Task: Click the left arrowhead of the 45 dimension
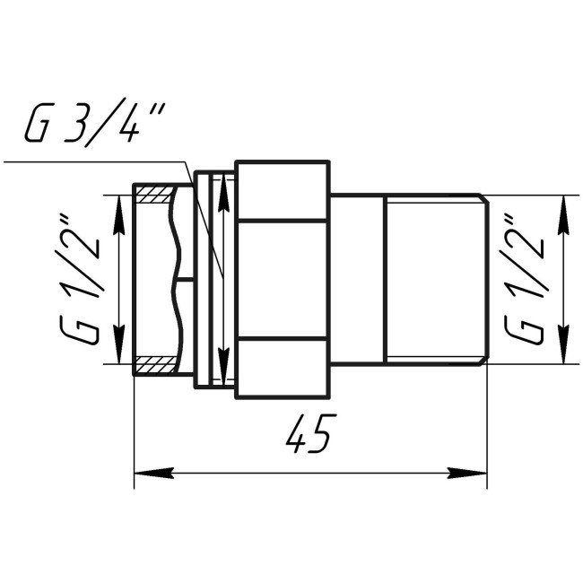[x=144, y=471]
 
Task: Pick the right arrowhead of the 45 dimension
[x=475, y=471]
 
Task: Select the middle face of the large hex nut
[x=283, y=279]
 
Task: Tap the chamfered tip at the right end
[x=483, y=279]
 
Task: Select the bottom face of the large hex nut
[x=283, y=367]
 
